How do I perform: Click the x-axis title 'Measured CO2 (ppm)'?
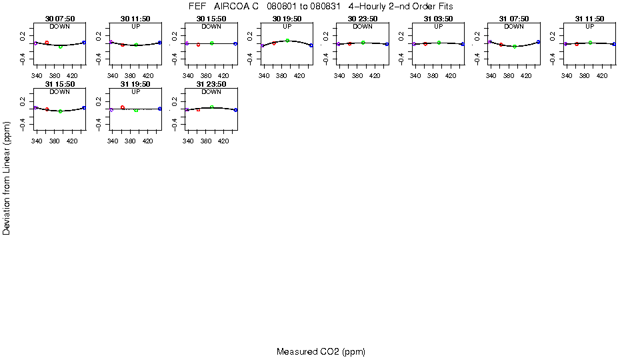click(321, 351)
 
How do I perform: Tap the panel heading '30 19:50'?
click(287, 19)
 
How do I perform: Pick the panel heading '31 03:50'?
click(438, 19)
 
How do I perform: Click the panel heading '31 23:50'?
click(211, 84)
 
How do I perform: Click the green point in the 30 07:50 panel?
click(61, 47)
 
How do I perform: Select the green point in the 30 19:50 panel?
click(287, 41)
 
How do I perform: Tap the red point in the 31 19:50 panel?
click(123, 107)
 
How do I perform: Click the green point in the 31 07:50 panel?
click(515, 47)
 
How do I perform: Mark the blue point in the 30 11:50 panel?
click(160, 43)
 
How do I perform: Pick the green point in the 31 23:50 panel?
click(212, 107)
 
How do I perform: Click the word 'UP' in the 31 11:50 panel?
click(589, 27)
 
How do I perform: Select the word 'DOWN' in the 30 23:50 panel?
click(363, 27)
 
